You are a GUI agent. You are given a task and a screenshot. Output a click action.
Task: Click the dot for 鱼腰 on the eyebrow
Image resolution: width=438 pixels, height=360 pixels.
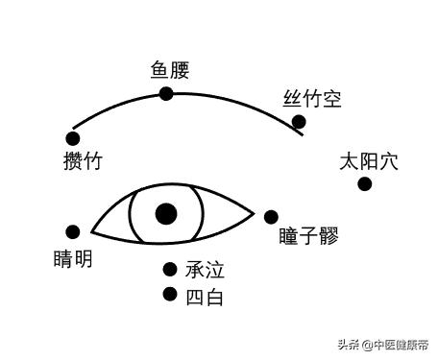[x=166, y=93]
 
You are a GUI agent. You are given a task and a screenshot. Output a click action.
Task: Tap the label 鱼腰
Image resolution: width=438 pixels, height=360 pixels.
[x=170, y=69]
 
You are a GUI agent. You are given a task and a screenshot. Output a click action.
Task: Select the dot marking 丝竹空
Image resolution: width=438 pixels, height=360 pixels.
[x=299, y=122]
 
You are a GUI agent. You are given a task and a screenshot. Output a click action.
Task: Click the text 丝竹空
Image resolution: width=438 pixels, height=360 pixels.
[x=312, y=98]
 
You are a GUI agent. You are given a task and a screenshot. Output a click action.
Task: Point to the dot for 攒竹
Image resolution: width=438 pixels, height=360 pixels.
[x=73, y=137]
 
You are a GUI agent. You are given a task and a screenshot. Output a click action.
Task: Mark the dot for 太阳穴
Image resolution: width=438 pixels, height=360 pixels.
[x=364, y=183]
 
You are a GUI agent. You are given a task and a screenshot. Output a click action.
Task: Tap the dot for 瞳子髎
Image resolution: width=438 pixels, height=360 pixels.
[x=271, y=217]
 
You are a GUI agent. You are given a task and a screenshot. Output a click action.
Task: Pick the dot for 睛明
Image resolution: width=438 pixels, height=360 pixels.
[x=73, y=231]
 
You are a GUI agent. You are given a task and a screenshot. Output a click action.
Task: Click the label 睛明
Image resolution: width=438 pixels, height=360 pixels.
[x=74, y=258]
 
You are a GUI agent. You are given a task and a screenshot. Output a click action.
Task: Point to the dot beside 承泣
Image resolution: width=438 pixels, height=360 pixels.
[x=170, y=270]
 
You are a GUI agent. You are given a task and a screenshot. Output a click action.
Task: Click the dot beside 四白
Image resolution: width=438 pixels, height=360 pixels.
[x=170, y=295]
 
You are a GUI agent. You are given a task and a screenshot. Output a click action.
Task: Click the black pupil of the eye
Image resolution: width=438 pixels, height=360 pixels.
[x=166, y=213]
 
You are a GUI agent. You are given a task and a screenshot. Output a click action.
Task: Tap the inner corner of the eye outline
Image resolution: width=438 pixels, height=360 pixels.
[x=92, y=233]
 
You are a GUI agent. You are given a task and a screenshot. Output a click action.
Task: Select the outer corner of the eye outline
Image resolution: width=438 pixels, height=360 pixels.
[x=254, y=211]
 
